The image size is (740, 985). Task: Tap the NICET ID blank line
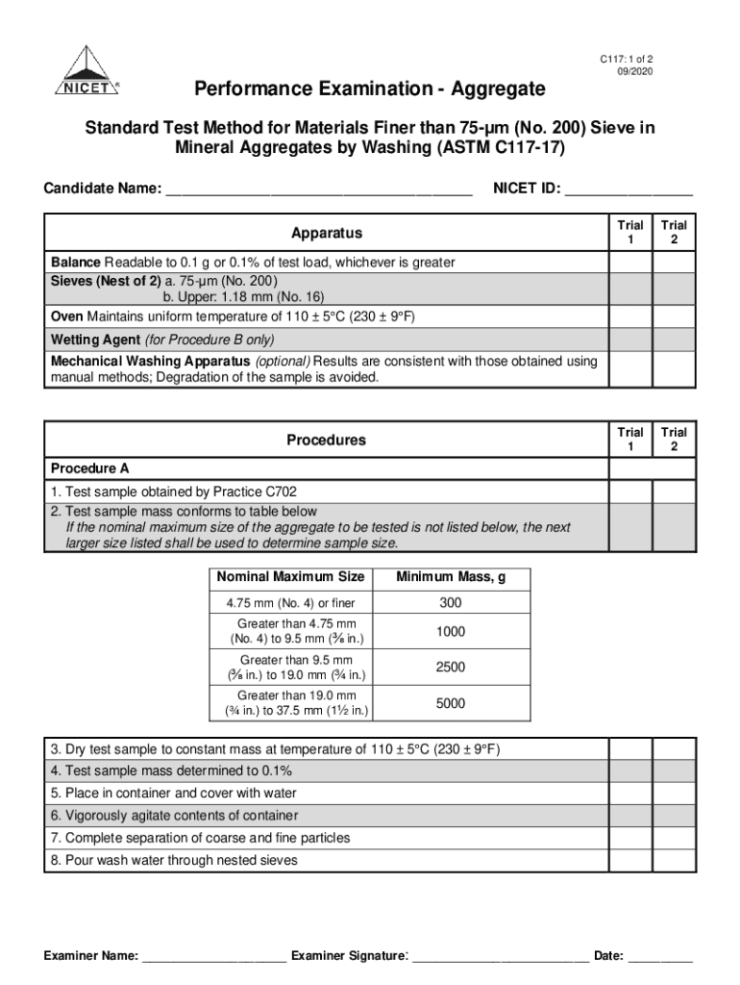[629, 189]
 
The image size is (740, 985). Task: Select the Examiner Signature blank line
[500, 957]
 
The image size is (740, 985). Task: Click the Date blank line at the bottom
[660, 957]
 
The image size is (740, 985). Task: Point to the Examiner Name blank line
[213, 957]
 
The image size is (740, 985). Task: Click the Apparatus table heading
[327, 233]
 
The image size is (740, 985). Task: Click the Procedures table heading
[327, 441]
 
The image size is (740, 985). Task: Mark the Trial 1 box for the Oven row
[630, 317]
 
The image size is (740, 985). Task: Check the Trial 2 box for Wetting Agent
[674, 340]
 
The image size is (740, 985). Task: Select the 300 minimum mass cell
[450, 603]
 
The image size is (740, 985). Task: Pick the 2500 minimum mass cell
[450, 668]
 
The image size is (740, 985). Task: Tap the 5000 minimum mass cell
[450, 704]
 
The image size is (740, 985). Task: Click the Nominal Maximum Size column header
[290, 577]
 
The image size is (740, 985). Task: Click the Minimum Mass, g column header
[450, 577]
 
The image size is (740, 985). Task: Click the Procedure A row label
[89, 468]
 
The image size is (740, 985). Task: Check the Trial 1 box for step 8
[630, 861]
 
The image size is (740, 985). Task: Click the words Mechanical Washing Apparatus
[151, 362]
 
